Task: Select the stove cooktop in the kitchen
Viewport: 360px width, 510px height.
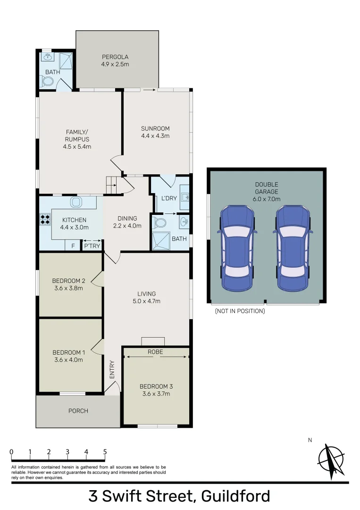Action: (45, 219)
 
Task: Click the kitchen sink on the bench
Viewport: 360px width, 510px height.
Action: (75, 202)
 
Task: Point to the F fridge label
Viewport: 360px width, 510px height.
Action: (73, 246)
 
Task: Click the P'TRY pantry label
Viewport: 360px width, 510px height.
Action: (92, 246)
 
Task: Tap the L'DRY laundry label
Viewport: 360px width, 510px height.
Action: (169, 198)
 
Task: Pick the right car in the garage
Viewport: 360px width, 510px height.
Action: (293, 248)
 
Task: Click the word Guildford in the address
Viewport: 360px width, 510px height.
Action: (235, 496)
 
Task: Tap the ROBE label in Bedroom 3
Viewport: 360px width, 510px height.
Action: (155, 352)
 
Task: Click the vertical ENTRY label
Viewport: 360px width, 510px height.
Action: (112, 369)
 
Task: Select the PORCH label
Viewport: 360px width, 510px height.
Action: (78, 411)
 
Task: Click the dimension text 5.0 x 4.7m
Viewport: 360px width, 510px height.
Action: (147, 301)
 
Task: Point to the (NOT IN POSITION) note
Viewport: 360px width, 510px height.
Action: (240, 311)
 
